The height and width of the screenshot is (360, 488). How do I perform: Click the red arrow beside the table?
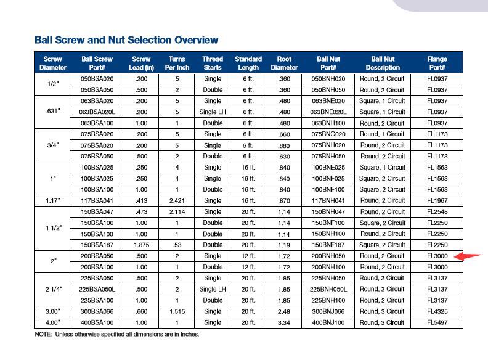pyautogui.click(x=471, y=257)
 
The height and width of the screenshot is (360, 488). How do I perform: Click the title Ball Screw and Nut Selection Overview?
pyautogui.click(x=126, y=41)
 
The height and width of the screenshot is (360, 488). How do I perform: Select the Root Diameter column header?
pyautogui.click(x=284, y=63)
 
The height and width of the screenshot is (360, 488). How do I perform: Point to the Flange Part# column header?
pyautogui.click(x=437, y=63)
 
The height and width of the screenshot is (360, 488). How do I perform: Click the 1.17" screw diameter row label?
pyautogui.click(x=53, y=201)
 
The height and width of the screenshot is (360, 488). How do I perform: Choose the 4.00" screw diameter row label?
pyautogui.click(x=53, y=322)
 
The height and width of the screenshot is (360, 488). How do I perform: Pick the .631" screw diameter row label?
pyautogui.click(x=53, y=112)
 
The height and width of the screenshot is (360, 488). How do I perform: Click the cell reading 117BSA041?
pyautogui.click(x=97, y=201)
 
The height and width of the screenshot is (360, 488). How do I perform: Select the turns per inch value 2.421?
pyautogui.click(x=177, y=201)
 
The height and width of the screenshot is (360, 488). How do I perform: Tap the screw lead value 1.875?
pyautogui.click(x=141, y=245)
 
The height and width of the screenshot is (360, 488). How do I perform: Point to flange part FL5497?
pyautogui.click(x=437, y=322)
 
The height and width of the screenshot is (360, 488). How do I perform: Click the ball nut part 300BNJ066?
pyautogui.click(x=328, y=311)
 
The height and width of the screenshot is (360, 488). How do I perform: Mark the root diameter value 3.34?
pyautogui.click(x=284, y=322)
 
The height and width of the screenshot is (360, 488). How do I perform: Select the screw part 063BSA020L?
pyautogui.click(x=97, y=112)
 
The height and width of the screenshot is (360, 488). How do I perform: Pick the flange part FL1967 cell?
pyautogui.click(x=437, y=201)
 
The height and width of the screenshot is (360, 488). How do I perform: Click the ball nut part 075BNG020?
pyautogui.click(x=328, y=134)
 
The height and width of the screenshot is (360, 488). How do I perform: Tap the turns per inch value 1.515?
pyautogui.click(x=177, y=311)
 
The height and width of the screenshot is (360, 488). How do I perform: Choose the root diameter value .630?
pyautogui.click(x=284, y=157)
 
